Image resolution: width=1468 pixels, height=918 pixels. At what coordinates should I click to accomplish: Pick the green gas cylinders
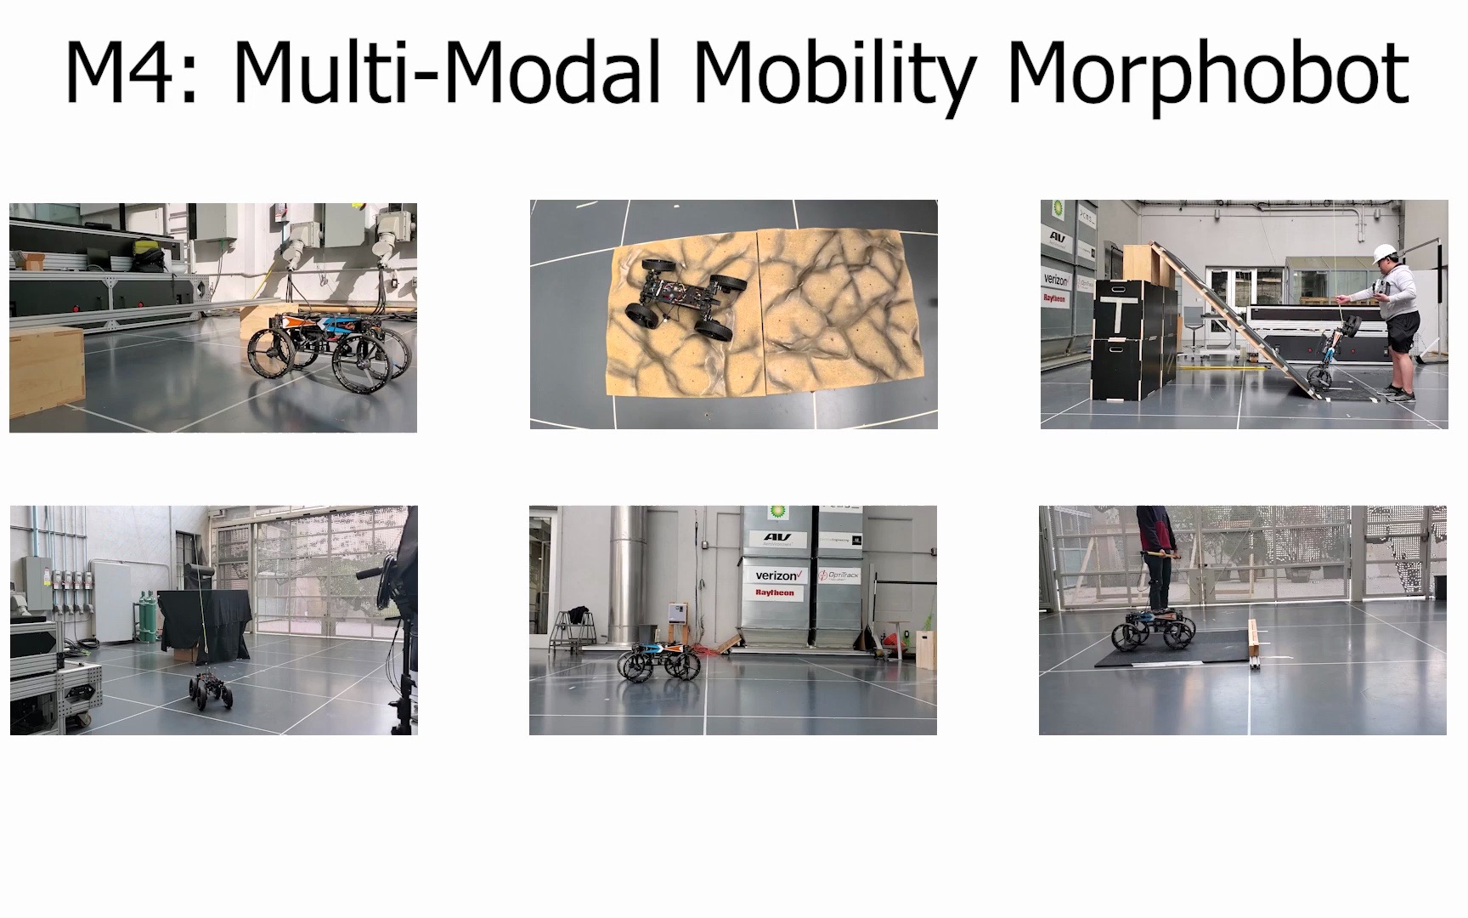145,616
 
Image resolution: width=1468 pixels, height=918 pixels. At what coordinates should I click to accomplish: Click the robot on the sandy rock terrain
684,299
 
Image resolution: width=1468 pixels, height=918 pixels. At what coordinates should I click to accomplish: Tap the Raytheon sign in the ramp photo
1054,298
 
